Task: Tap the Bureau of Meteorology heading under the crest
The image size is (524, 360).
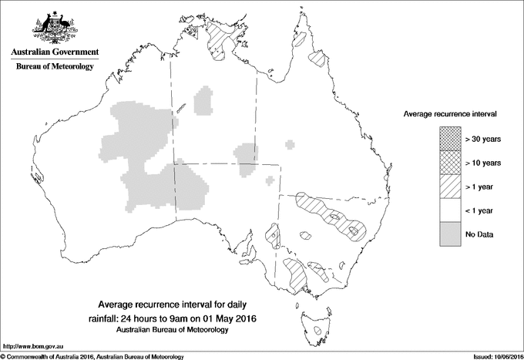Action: tap(55, 67)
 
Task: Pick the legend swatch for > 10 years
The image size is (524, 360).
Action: tap(451, 162)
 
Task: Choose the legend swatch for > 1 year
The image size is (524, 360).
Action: tap(451, 186)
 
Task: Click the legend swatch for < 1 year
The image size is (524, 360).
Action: tap(451, 210)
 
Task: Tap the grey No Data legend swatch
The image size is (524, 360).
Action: tap(451, 234)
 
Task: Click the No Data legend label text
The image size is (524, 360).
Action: tap(479, 234)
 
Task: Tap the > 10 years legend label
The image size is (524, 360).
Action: tap(483, 162)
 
